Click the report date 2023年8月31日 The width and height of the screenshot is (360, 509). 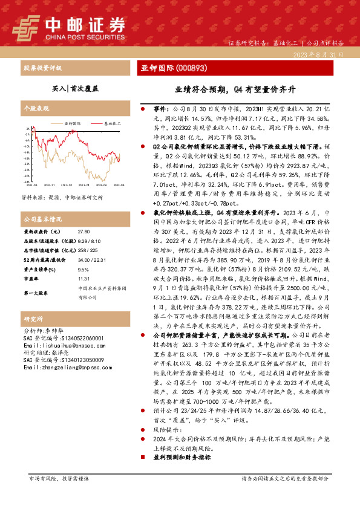[x=321, y=54]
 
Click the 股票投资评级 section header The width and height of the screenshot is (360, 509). [x=42, y=68]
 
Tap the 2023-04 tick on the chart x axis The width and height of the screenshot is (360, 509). [x=101, y=186]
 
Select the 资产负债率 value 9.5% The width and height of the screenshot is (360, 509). [x=83, y=270]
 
